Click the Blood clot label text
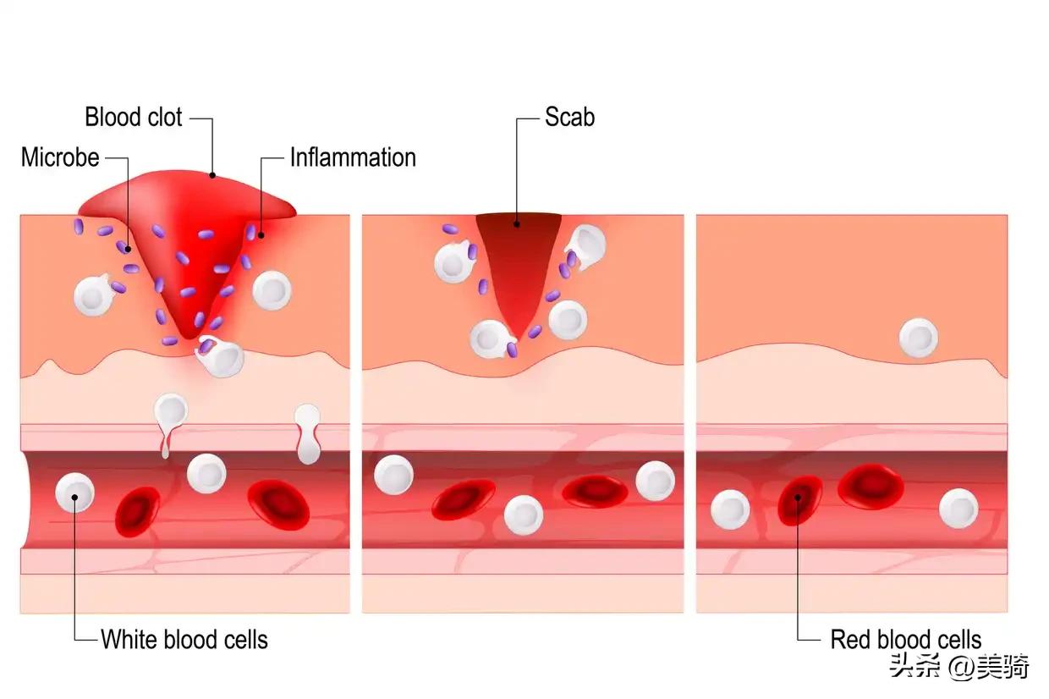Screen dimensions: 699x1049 [133, 117]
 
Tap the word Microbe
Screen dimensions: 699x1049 [60, 157]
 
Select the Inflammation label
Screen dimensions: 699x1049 [353, 157]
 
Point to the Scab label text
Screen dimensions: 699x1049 [569, 117]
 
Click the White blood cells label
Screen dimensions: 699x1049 [184, 639]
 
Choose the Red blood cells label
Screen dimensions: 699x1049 [906, 639]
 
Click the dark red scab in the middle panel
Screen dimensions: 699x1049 [518, 254]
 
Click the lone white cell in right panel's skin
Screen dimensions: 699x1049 [918, 337]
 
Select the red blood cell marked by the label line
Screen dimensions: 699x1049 [799, 499]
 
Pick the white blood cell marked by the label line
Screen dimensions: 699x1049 [74, 493]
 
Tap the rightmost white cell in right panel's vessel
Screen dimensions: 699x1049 [958, 509]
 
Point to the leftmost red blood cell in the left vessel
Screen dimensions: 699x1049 [137, 511]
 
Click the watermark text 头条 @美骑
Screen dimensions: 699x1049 [958, 667]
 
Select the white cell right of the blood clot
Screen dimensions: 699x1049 [272, 290]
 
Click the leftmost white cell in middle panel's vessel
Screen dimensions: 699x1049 [393, 474]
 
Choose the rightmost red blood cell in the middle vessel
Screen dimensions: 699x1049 [595, 491]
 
